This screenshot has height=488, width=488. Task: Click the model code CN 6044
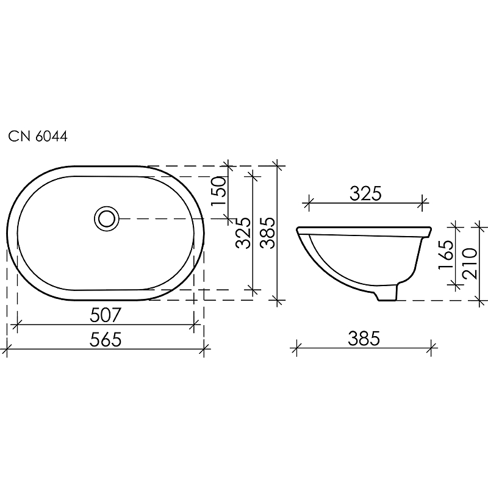pyautogui.click(x=38, y=137)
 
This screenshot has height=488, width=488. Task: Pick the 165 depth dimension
pyautogui.click(x=446, y=255)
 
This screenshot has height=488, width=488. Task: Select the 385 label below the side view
pyautogui.click(x=364, y=337)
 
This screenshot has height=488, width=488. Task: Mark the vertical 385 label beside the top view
pyautogui.click(x=267, y=233)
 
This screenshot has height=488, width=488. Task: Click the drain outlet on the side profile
pyautogui.click(x=387, y=294)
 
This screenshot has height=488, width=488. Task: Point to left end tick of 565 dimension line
pyautogui.click(x=7, y=350)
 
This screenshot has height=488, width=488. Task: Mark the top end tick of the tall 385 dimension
pyautogui.click(x=278, y=165)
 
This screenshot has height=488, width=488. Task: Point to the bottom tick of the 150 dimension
pyautogui.click(x=229, y=217)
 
